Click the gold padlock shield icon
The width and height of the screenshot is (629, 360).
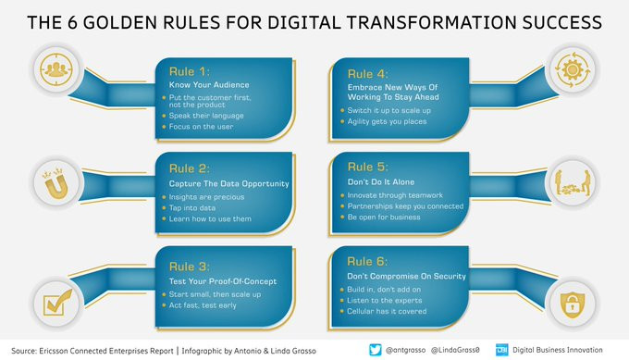pyautogui.click(x=573, y=304)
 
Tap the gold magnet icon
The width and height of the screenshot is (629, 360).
pyautogui.click(x=55, y=184)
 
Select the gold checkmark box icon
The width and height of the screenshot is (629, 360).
pyautogui.click(x=57, y=303)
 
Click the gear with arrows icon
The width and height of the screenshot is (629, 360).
pyautogui.click(x=573, y=69)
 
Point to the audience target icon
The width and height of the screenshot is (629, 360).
pyautogui.click(x=56, y=69)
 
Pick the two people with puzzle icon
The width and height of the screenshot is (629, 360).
pyautogui.click(x=573, y=183)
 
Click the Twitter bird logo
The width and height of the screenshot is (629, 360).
pyautogui.click(x=375, y=350)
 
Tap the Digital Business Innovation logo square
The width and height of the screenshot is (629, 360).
pyautogui.click(x=502, y=350)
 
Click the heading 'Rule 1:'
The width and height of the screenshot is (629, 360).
pyautogui.click(x=190, y=71)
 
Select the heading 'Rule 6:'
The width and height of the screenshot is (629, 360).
pyautogui.click(x=367, y=262)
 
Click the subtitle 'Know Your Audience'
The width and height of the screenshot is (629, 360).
pyautogui.click(x=209, y=85)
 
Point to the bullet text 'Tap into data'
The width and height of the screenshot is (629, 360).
pyautogui.click(x=192, y=208)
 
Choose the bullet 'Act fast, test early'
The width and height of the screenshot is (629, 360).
pyautogui.click(x=203, y=305)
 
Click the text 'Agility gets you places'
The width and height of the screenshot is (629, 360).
pyautogui.click(x=387, y=121)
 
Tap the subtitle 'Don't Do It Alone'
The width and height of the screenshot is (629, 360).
pyautogui.click(x=381, y=181)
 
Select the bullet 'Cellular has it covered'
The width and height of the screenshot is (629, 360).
pyautogui.click(x=387, y=311)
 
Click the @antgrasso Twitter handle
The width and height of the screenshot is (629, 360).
pyautogui.click(x=405, y=350)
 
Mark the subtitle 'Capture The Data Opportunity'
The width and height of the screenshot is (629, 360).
pyautogui.click(x=228, y=184)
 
